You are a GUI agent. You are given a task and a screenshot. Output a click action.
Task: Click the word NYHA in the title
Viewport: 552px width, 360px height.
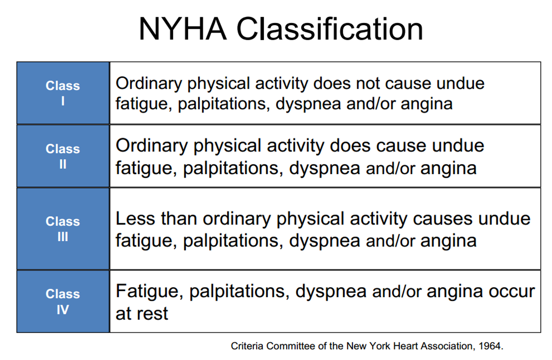point(182,29)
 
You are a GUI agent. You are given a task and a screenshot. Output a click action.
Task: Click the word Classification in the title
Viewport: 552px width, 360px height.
point(329,29)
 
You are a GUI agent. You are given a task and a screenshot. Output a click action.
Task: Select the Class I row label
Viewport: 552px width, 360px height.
point(63,93)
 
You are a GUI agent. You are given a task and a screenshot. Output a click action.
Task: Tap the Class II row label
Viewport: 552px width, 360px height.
point(63,156)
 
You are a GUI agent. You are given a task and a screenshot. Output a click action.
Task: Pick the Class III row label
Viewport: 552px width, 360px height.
point(63,228)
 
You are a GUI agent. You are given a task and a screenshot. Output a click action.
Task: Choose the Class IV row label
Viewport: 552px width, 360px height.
point(63,302)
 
